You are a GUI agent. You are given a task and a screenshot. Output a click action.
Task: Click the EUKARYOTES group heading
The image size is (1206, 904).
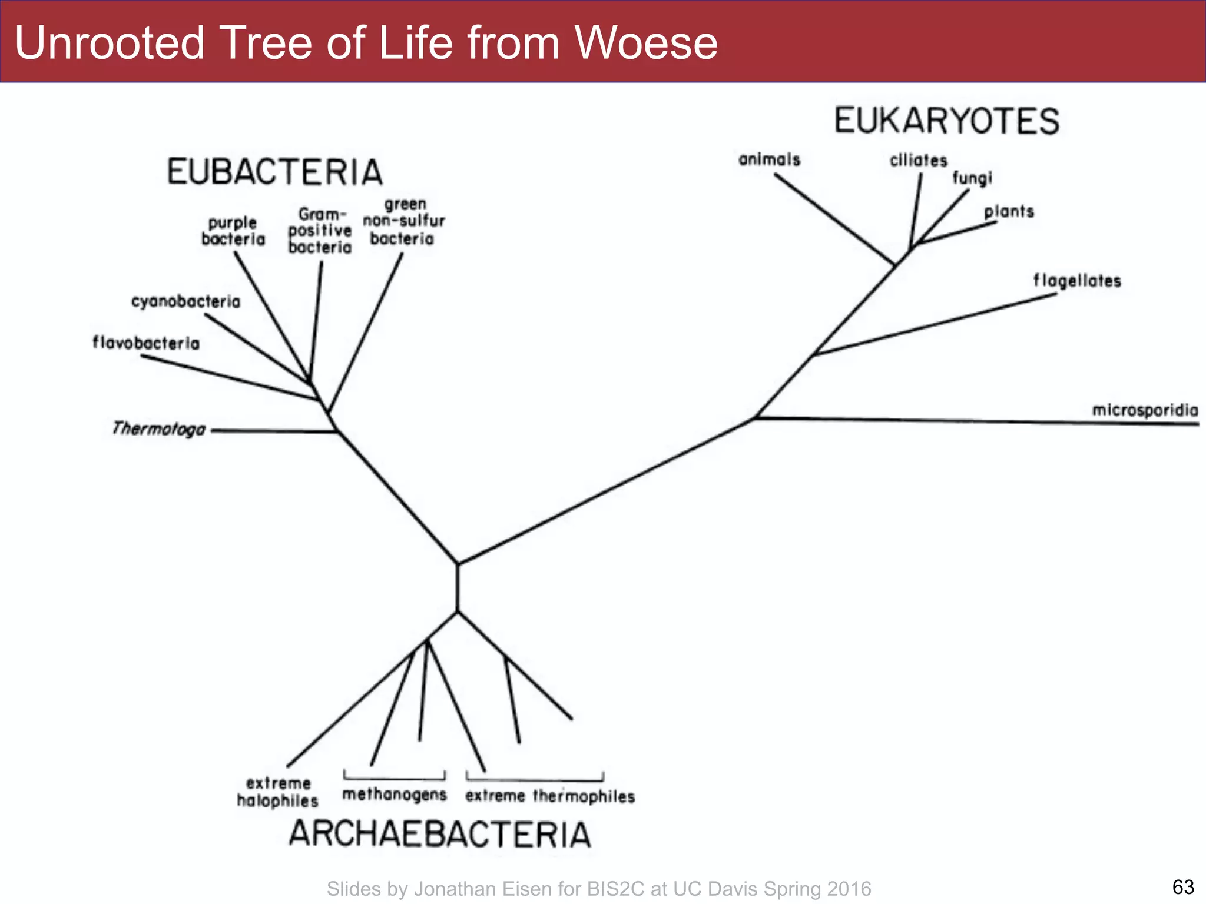coord(946,121)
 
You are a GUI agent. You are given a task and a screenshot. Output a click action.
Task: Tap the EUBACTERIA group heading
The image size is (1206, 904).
coord(275,172)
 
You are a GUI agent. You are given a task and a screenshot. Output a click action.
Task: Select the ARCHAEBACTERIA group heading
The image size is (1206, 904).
coord(440,834)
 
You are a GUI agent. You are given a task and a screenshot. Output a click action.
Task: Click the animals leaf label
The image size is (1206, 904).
coord(769,159)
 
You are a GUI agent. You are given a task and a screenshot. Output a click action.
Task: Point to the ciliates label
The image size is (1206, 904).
coord(918,160)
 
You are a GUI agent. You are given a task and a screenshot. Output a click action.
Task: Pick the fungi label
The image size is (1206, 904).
coord(972,178)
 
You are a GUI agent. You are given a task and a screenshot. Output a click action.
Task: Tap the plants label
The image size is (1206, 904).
coord(1009,211)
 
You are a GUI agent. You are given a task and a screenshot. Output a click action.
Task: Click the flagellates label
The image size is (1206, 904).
coord(1077,281)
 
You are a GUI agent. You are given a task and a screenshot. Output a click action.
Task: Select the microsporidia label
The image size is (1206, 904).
coord(1145,410)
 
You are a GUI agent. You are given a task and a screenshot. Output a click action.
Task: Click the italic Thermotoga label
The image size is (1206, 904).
coord(159,428)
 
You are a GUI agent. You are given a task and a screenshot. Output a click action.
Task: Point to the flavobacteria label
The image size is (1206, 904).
coord(146,343)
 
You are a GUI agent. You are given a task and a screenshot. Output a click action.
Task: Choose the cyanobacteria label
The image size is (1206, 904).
coord(185,301)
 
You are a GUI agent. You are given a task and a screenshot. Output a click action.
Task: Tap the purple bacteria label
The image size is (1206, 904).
coord(233,231)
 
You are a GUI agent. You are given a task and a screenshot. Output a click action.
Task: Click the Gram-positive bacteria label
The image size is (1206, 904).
coord(320,231)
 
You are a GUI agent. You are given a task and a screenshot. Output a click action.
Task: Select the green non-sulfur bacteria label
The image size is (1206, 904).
coord(404,221)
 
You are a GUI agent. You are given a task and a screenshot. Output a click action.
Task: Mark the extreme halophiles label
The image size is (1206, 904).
coord(277,792)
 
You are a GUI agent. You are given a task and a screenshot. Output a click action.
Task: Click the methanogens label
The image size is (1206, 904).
coord(395,795)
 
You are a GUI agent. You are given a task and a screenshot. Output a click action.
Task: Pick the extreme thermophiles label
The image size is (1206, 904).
coord(550,796)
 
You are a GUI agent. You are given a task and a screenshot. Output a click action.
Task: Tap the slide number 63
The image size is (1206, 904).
coord(1183,886)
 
